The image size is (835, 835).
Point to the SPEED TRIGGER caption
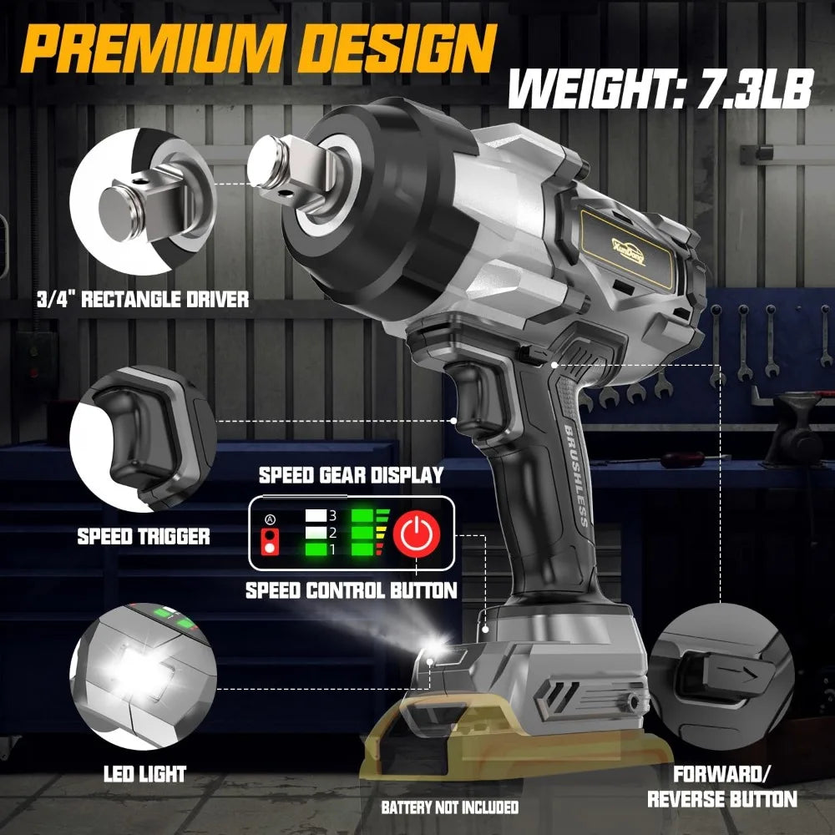[x=144, y=536]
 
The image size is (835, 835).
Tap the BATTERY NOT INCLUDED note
[x=450, y=807]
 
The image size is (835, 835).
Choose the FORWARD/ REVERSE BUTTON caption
[x=722, y=786]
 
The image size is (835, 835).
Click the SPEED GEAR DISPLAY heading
[x=351, y=476]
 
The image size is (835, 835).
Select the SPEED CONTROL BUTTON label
[x=352, y=590]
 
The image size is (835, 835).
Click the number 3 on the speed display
[x=331, y=517]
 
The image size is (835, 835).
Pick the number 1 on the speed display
[x=331, y=549]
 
